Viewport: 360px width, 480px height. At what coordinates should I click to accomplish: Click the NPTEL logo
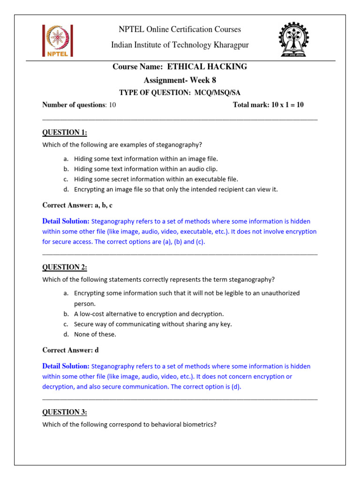(57, 41)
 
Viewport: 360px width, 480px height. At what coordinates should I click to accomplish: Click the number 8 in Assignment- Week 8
(214, 80)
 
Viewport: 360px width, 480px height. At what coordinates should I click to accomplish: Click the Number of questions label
(75, 105)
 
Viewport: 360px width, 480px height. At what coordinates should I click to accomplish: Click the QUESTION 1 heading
(65, 132)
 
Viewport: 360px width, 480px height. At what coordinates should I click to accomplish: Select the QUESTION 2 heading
(65, 267)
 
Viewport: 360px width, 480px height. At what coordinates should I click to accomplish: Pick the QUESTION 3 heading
(65, 412)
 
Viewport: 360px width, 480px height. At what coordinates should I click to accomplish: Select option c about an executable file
(156, 179)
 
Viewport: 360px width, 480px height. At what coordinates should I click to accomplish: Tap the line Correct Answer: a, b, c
(77, 205)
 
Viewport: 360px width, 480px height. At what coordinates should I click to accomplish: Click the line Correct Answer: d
(71, 350)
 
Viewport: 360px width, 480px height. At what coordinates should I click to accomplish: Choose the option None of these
(95, 334)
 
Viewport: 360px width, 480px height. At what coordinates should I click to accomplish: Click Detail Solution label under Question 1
(66, 221)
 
